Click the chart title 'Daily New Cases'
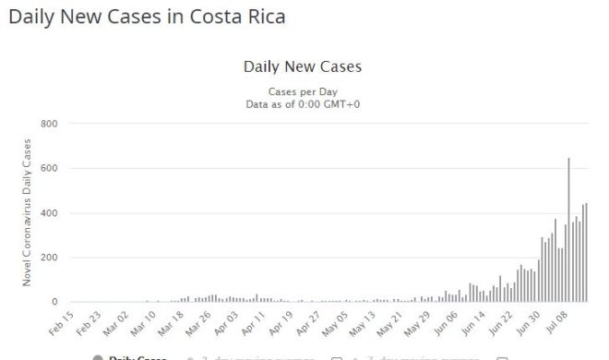click(x=303, y=67)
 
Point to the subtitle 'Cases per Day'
click(x=303, y=92)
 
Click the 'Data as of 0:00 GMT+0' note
click(x=303, y=105)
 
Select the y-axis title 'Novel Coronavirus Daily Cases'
click(x=29, y=212)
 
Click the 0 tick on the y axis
click(x=54, y=302)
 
